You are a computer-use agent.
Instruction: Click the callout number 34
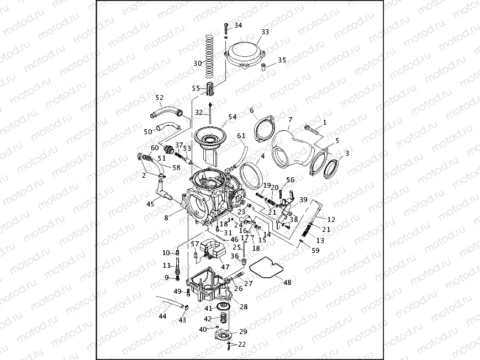point(238,25)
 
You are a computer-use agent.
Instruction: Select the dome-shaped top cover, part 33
point(245,56)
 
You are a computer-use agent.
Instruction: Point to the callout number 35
point(282,60)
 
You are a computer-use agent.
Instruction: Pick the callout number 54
point(232,117)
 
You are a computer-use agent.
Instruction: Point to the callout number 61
point(241,136)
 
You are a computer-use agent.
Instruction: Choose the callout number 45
point(150,204)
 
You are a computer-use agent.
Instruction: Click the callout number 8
point(166,218)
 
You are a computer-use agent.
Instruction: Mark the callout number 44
point(162,316)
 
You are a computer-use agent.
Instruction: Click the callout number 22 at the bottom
point(241,345)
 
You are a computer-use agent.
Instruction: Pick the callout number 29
point(243,331)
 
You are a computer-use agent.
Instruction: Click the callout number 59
point(315,250)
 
